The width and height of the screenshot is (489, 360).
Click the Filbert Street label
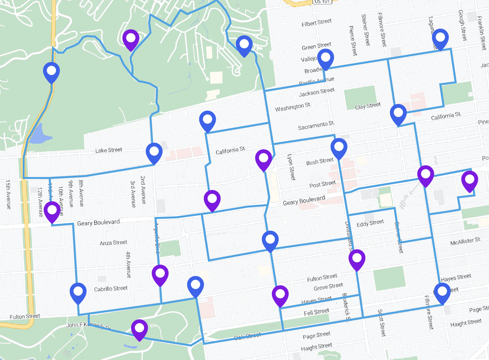click(317, 23)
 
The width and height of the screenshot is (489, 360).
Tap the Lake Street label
click(109, 150)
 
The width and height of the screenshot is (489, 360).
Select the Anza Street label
click(113, 243)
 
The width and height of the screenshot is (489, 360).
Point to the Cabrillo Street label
click(111, 289)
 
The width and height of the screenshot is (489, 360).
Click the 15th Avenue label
click(8, 195)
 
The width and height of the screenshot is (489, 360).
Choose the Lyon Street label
click(291, 167)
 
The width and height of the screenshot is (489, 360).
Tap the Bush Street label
click(320, 161)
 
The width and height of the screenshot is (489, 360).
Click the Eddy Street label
click(370, 223)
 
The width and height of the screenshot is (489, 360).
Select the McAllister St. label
click(466, 241)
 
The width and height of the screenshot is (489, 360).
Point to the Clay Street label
click(368, 106)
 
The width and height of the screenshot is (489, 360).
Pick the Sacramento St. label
click(316, 126)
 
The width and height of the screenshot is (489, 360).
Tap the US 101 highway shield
click(322, 2)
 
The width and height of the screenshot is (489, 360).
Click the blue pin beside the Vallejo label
click(326, 58)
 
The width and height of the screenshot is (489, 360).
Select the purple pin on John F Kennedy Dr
click(139, 328)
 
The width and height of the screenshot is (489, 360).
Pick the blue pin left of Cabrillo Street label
click(78, 292)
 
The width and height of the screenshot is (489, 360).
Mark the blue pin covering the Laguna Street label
click(440, 38)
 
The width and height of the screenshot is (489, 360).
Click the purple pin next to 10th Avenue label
click(52, 210)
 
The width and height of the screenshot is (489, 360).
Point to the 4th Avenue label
click(128, 265)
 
